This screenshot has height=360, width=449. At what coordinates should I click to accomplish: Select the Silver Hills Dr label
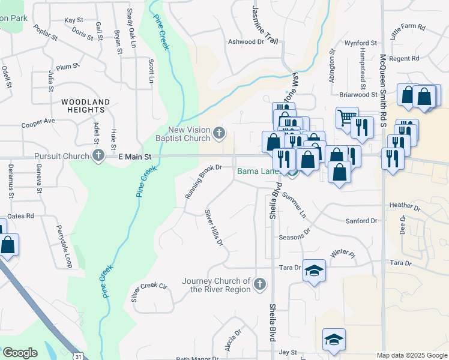pyautogui.click(x=214, y=228)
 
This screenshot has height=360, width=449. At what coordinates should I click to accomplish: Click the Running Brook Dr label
pyautogui.click(x=203, y=184)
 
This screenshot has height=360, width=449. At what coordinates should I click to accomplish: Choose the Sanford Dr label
pyautogui.click(x=361, y=221)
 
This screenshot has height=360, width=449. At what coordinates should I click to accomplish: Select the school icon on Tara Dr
pyautogui.click(x=314, y=271)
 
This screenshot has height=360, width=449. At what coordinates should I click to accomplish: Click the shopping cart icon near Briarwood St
pyautogui.click(x=346, y=118)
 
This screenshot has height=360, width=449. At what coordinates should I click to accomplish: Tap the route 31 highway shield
pyautogui.click(x=79, y=356)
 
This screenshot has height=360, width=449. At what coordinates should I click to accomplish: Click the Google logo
pyautogui.click(x=20, y=353)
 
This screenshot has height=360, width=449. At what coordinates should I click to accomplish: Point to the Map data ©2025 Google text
pyautogui.click(x=411, y=355)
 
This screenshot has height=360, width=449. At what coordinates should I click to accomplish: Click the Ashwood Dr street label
pyautogui.click(x=246, y=42)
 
